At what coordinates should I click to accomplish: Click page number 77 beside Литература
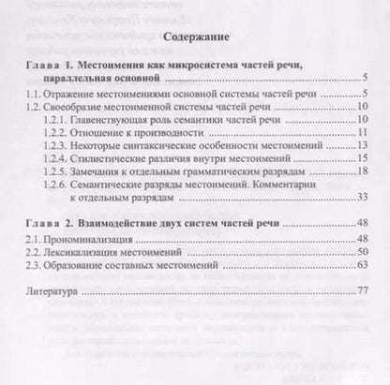coord(358,292)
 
